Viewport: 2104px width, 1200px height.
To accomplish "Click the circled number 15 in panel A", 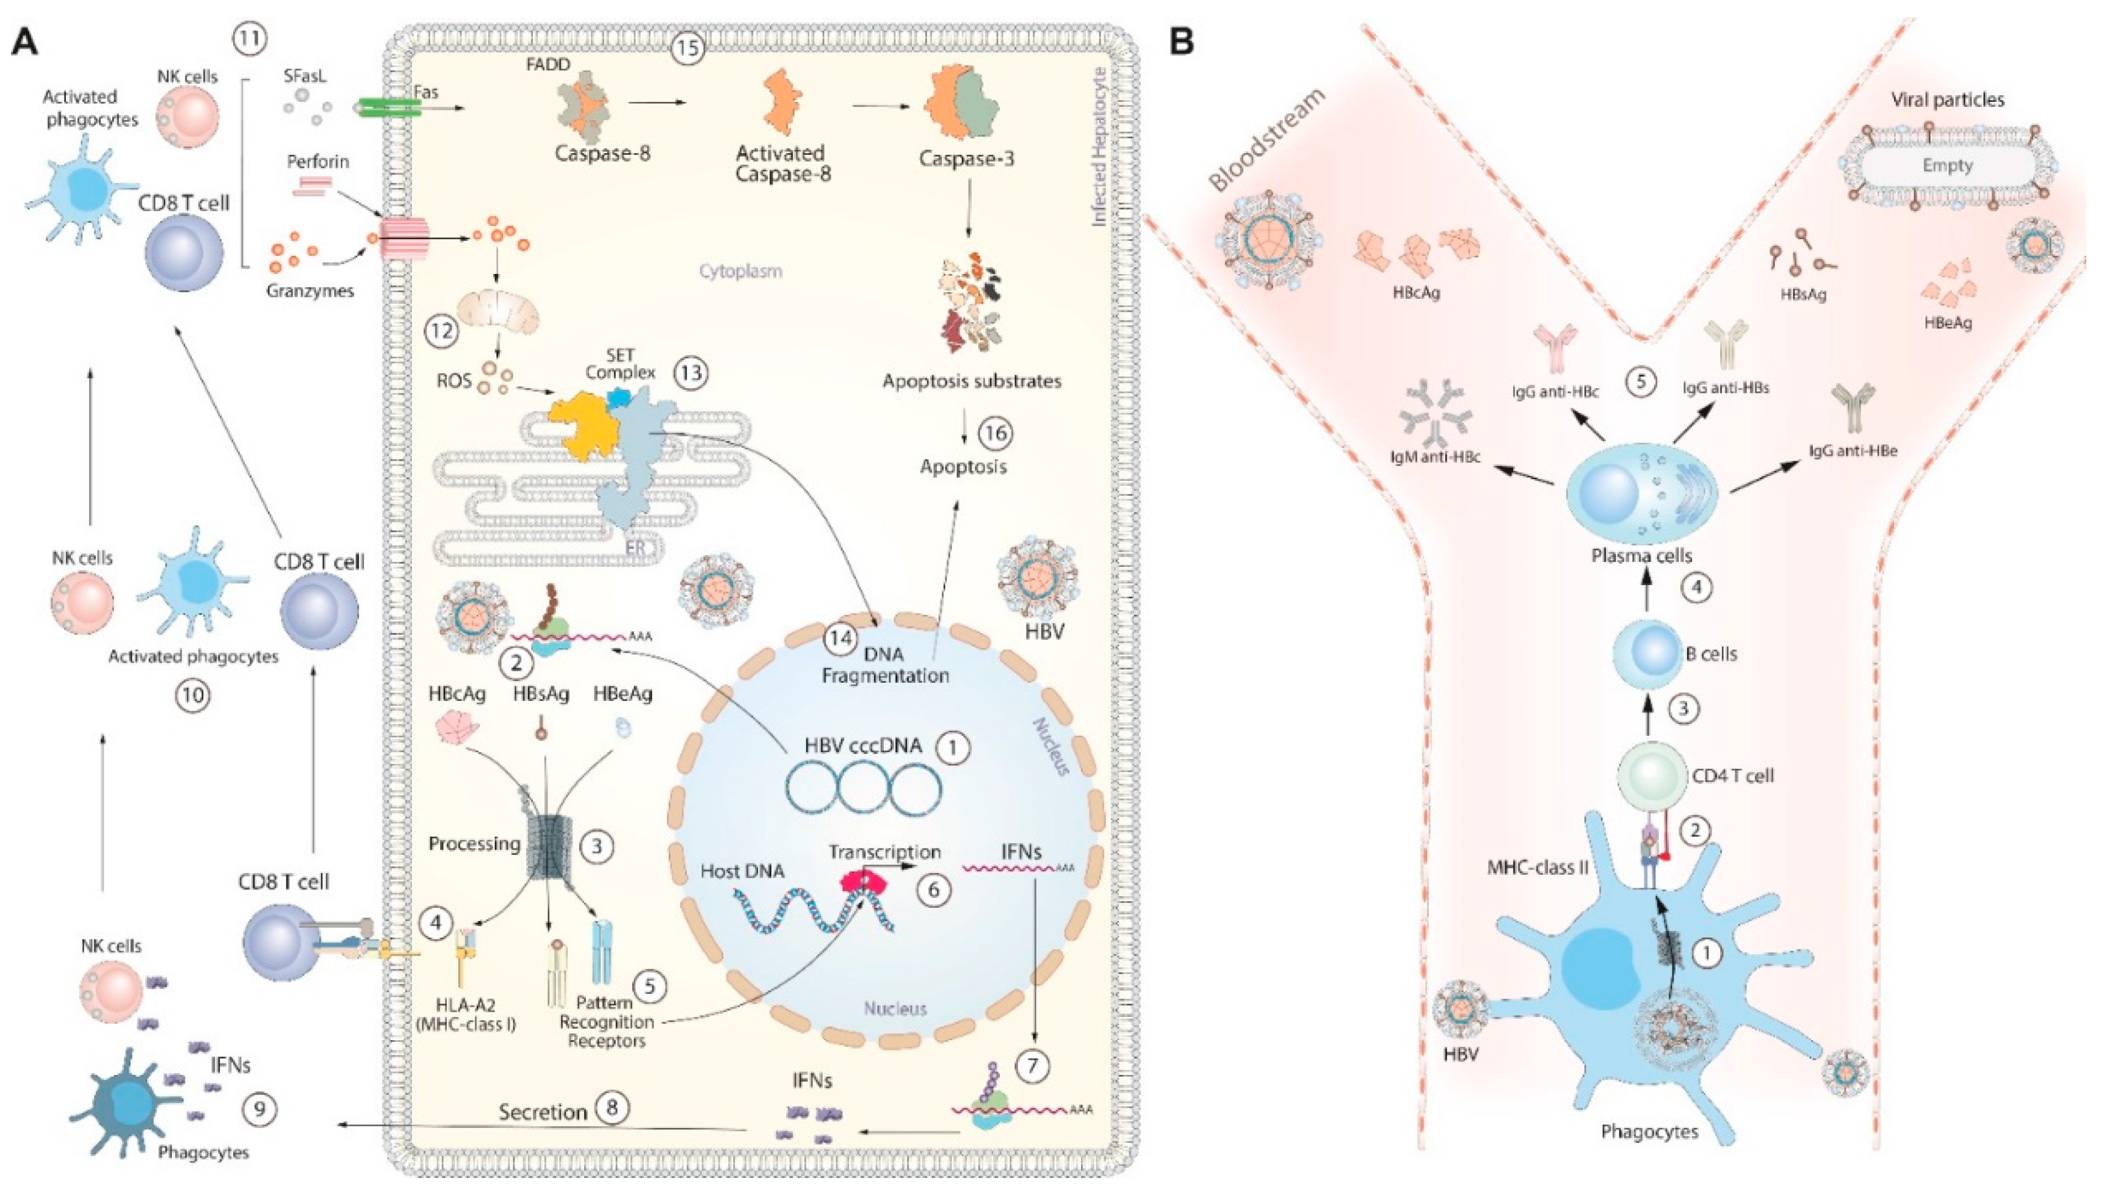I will tap(686, 49).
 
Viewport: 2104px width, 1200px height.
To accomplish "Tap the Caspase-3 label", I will tap(966, 158).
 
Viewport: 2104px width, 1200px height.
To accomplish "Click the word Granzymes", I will tap(310, 291).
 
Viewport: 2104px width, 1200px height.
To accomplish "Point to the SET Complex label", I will tap(620, 364).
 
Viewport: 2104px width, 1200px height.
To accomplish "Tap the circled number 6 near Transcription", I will tap(934, 890).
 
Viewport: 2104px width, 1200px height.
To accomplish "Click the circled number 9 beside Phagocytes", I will tap(259, 1109).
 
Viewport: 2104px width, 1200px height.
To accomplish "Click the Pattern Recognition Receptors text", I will tap(606, 1022).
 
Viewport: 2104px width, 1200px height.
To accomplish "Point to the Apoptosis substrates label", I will tap(971, 381).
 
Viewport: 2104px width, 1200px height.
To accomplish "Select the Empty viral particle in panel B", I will tap(1947, 166).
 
